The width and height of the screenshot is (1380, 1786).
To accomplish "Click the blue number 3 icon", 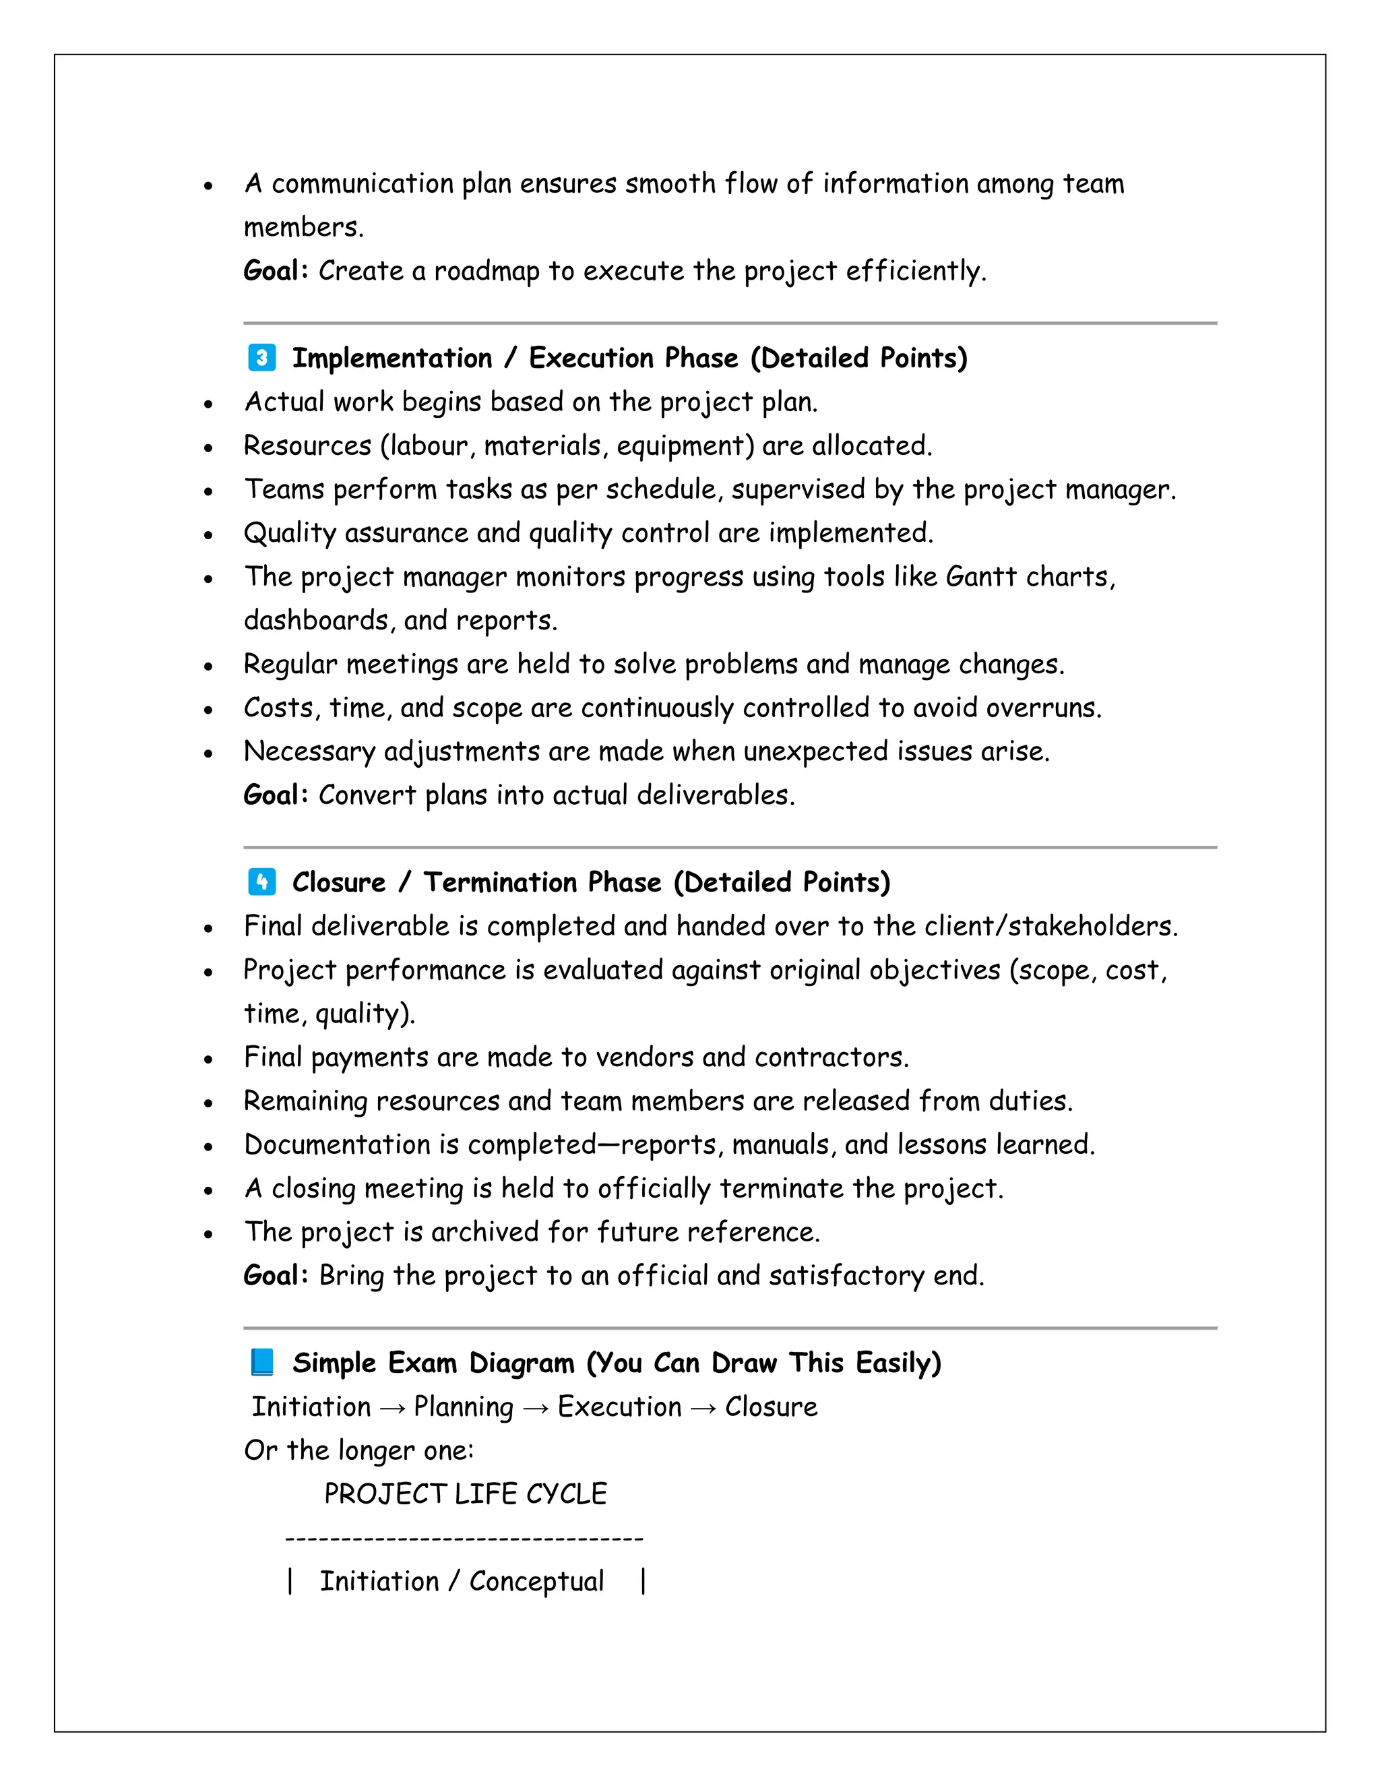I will point(261,358).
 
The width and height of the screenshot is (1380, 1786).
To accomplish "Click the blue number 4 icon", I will point(261,882).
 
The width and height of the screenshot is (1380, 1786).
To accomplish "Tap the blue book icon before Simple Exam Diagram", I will point(261,1362).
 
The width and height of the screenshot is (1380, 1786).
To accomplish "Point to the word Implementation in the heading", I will point(392,358).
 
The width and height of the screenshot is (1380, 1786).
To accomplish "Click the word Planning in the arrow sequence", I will point(464,1407).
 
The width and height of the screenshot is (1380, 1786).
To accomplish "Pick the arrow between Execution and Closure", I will point(703,1407).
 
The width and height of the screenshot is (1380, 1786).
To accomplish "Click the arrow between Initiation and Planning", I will point(392,1407).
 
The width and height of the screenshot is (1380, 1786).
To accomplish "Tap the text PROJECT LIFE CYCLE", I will point(465,1494).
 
